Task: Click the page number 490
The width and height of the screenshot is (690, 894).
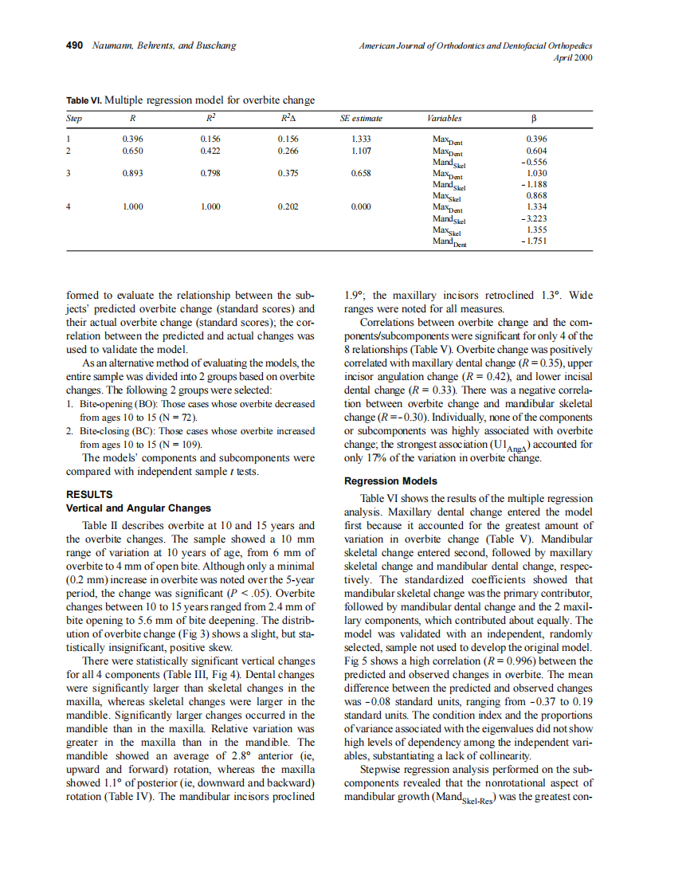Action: pyautogui.click(x=74, y=45)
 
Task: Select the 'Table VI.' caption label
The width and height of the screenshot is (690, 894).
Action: pyautogui.click(x=84, y=100)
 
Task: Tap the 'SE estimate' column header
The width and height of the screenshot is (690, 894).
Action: pyautogui.click(x=361, y=119)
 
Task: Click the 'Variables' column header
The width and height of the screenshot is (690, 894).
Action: pyautogui.click(x=444, y=119)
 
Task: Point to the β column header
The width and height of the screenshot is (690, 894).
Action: pyautogui.click(x=535, y=119)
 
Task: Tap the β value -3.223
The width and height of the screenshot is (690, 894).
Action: pyautogui.click(x=534, y=218)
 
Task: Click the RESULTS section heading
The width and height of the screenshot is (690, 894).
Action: pyautogui.click(x=88, y=494)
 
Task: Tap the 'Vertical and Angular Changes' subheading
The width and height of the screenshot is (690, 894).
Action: pyautogui.click(x=138, y=508)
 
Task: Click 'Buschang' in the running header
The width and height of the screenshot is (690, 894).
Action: pyautogui.click(x=213, y=45)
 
